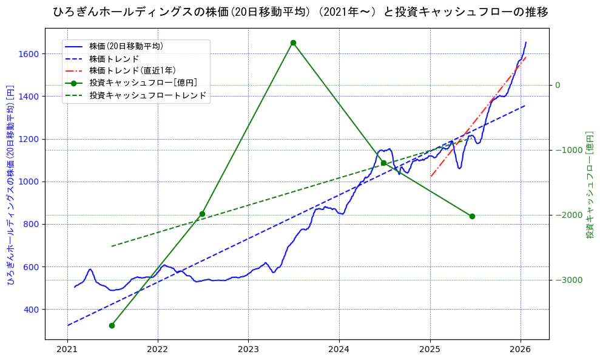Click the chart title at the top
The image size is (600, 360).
[x=300, y=12]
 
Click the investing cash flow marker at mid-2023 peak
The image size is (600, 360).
[x=293, y=42]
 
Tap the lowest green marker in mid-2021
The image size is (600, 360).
[x=112, y=325]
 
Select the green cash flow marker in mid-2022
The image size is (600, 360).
[x=202, y=214]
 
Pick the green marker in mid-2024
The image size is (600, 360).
[x=383, y=163]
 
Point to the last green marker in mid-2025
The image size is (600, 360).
[x=472, y=216]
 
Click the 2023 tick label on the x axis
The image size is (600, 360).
[x=248, y=350]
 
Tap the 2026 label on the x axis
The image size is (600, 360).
[x=521, y=350]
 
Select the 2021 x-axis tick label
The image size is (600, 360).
[x=67, y=350]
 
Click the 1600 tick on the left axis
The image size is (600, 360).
[x=29, y=54]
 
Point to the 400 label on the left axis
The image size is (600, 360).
[x=31, y=310]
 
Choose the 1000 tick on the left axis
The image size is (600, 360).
[x=29, y=182]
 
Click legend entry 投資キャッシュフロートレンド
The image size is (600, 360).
[x=147, y=95]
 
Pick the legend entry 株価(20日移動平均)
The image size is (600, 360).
[x=126, y=46]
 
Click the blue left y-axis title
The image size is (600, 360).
[x=10, y=185]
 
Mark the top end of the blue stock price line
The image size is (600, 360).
[x=525, y=42]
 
